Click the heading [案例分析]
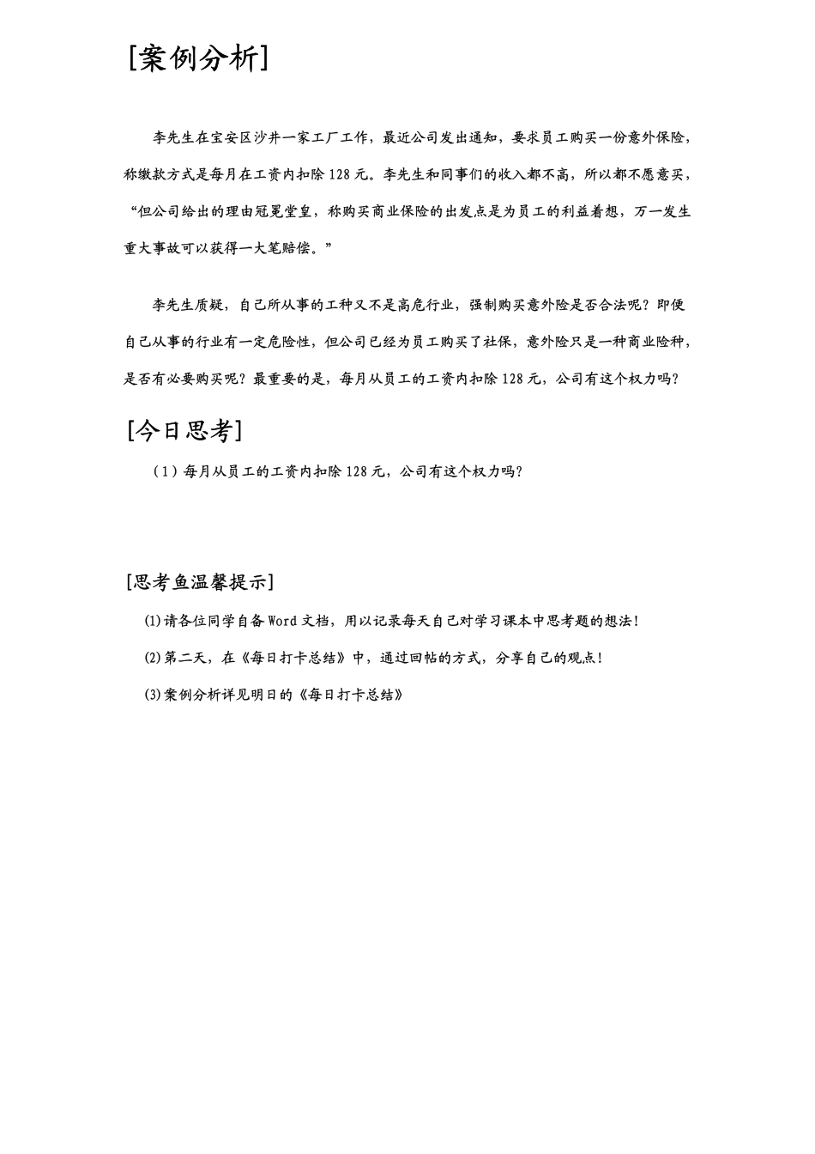click(x=199, y=58)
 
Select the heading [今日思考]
click(x=184, y=430)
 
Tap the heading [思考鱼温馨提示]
click(x=200, y=582)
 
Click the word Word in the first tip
click(x=283, y=621)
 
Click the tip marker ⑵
click(x=153, y=659)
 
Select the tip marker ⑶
click(x=153, y=695)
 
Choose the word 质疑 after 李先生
click(x=210, y=305)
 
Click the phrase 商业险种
click(x=660, y=342)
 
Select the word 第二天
click(x=185, y=659)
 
